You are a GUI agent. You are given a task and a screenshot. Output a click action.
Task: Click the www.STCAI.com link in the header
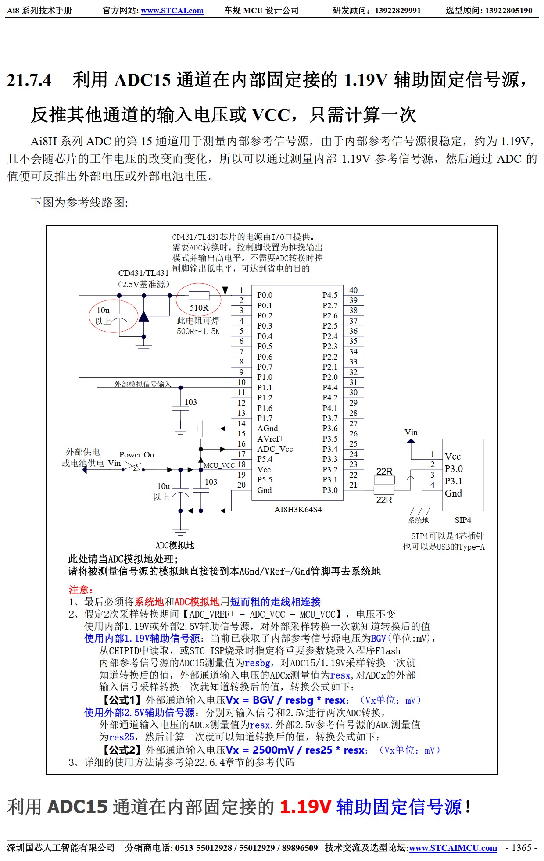(172, 11)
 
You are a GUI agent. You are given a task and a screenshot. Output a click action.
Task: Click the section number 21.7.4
(29, 80)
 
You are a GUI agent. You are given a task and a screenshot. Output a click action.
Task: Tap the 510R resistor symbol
(199, 296)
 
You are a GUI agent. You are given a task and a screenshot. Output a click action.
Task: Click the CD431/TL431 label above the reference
(143, 273)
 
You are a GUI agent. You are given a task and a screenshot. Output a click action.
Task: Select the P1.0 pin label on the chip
(265, 377)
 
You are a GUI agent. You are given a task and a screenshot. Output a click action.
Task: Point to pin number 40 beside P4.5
(353, 290)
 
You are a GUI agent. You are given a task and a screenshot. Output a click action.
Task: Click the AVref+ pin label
(270, 439)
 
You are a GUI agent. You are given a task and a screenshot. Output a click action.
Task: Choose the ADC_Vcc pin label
(275, 449)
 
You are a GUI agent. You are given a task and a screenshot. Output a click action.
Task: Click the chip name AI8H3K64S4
(298, 510)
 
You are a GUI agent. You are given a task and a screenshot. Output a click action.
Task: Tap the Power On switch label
(136, 455)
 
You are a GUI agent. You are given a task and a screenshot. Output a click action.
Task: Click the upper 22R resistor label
(384, 472)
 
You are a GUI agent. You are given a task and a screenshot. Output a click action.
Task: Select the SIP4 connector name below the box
(463, 520)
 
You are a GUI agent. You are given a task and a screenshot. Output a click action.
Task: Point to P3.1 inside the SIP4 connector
(454, 481)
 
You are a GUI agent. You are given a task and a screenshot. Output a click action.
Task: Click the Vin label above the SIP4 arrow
(411, 432)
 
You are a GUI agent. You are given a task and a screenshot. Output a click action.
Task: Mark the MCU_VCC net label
(219, 465)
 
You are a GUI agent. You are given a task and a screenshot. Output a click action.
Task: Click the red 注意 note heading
(81, 590)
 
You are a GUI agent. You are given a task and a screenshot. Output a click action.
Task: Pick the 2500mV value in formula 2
(273, 750)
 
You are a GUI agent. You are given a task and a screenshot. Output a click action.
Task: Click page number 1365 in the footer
(521, 848)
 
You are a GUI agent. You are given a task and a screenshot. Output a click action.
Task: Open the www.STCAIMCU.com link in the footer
(453, 848)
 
